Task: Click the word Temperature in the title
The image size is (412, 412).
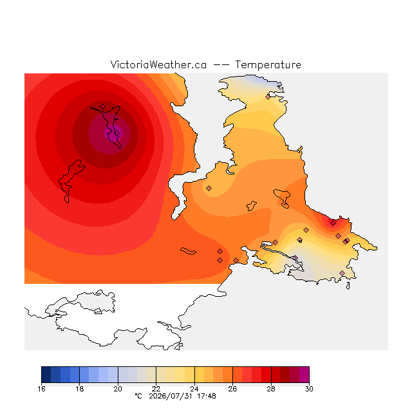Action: tap(268, 65)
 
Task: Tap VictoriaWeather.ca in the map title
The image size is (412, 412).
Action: tap(158, 65)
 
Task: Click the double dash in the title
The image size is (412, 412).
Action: tap(221, 65)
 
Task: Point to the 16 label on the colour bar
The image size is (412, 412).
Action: tap(41, 389)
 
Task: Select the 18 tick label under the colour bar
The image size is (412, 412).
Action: tap(80, 389)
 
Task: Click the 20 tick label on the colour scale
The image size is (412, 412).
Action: tap(118, 389)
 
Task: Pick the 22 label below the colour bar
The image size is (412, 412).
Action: tap(156, 389)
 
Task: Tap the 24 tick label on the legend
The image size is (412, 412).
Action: tap(194, 389)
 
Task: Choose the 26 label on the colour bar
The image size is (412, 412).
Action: tap(232, 389)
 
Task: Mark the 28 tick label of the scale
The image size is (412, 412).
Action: tap(271, 389)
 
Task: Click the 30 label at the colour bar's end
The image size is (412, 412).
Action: tap(309, 389)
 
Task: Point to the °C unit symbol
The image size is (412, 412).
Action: tap(138, 396)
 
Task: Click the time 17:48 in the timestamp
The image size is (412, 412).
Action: tap(207, 396)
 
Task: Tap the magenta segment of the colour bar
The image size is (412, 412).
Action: tap(304, 375)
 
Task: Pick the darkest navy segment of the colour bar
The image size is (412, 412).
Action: tap(46, 375)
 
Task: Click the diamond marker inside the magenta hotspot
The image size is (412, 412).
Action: tap(117, 133)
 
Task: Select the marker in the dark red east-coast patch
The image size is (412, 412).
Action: tap(333, 223)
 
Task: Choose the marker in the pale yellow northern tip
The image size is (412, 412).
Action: tap(268, 97)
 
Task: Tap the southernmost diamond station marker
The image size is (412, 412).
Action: tap(342, 273)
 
